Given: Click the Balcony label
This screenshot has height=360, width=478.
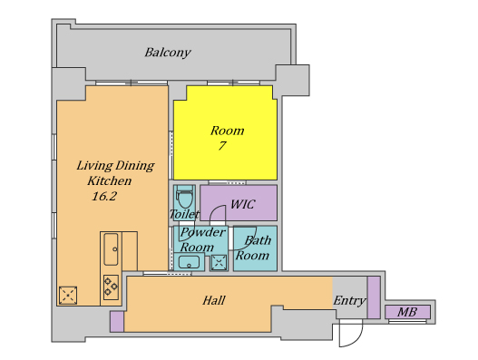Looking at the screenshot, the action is [x=168, y=53].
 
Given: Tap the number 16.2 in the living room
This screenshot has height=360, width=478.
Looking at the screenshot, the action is [x=104, y=196].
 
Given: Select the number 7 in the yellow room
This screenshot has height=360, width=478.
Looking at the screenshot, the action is [x=222, y=145].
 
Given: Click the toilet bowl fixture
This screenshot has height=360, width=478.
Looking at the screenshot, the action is [x=185, y=197].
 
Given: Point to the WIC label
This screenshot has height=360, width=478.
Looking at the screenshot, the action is [x=242, y=204].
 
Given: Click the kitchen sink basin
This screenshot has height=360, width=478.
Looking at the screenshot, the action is [x=111, y=249].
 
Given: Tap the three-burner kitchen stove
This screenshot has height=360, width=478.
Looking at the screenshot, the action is [x=111, y=287].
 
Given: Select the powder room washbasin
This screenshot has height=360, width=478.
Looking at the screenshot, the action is [x=189, y=262].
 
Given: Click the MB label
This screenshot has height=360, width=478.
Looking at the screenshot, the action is [x=407, y=312].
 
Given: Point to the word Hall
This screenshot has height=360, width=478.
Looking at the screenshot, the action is [x=214, y=300].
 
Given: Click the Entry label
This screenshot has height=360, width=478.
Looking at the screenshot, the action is [x=349, y=301].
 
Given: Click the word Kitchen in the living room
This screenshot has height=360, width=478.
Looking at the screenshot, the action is [x=110, y=180].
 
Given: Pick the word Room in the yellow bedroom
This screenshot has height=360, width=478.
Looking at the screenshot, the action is [x=227, y=131].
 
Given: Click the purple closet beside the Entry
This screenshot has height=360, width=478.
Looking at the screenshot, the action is [x=374, y=297].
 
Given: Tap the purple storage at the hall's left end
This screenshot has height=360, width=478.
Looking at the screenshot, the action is [x=117, y=321].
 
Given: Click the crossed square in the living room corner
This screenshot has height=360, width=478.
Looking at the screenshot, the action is [x=68, y=295].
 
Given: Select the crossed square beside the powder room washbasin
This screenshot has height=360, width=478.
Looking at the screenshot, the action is [x=219, y=262].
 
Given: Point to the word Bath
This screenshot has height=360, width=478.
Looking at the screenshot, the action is [x=258, y=240].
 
